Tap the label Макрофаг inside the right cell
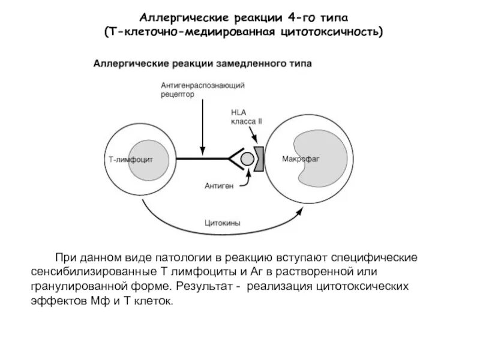[x=297, y=159]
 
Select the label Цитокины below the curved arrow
[x=223, y=223]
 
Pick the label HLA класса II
[x=246, y=116]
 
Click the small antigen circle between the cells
[x=247, y=159]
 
